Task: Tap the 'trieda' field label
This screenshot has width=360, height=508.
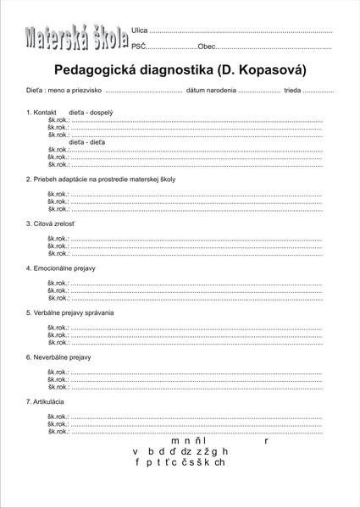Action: tap(292, 90)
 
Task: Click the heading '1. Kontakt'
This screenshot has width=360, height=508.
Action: tap(42, 112)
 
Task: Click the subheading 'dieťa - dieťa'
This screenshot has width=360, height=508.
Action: tap(87, 141)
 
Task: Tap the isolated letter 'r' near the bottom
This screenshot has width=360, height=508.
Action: tap(266, 441)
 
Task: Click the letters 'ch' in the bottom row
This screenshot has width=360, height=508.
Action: tap(219, 463)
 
